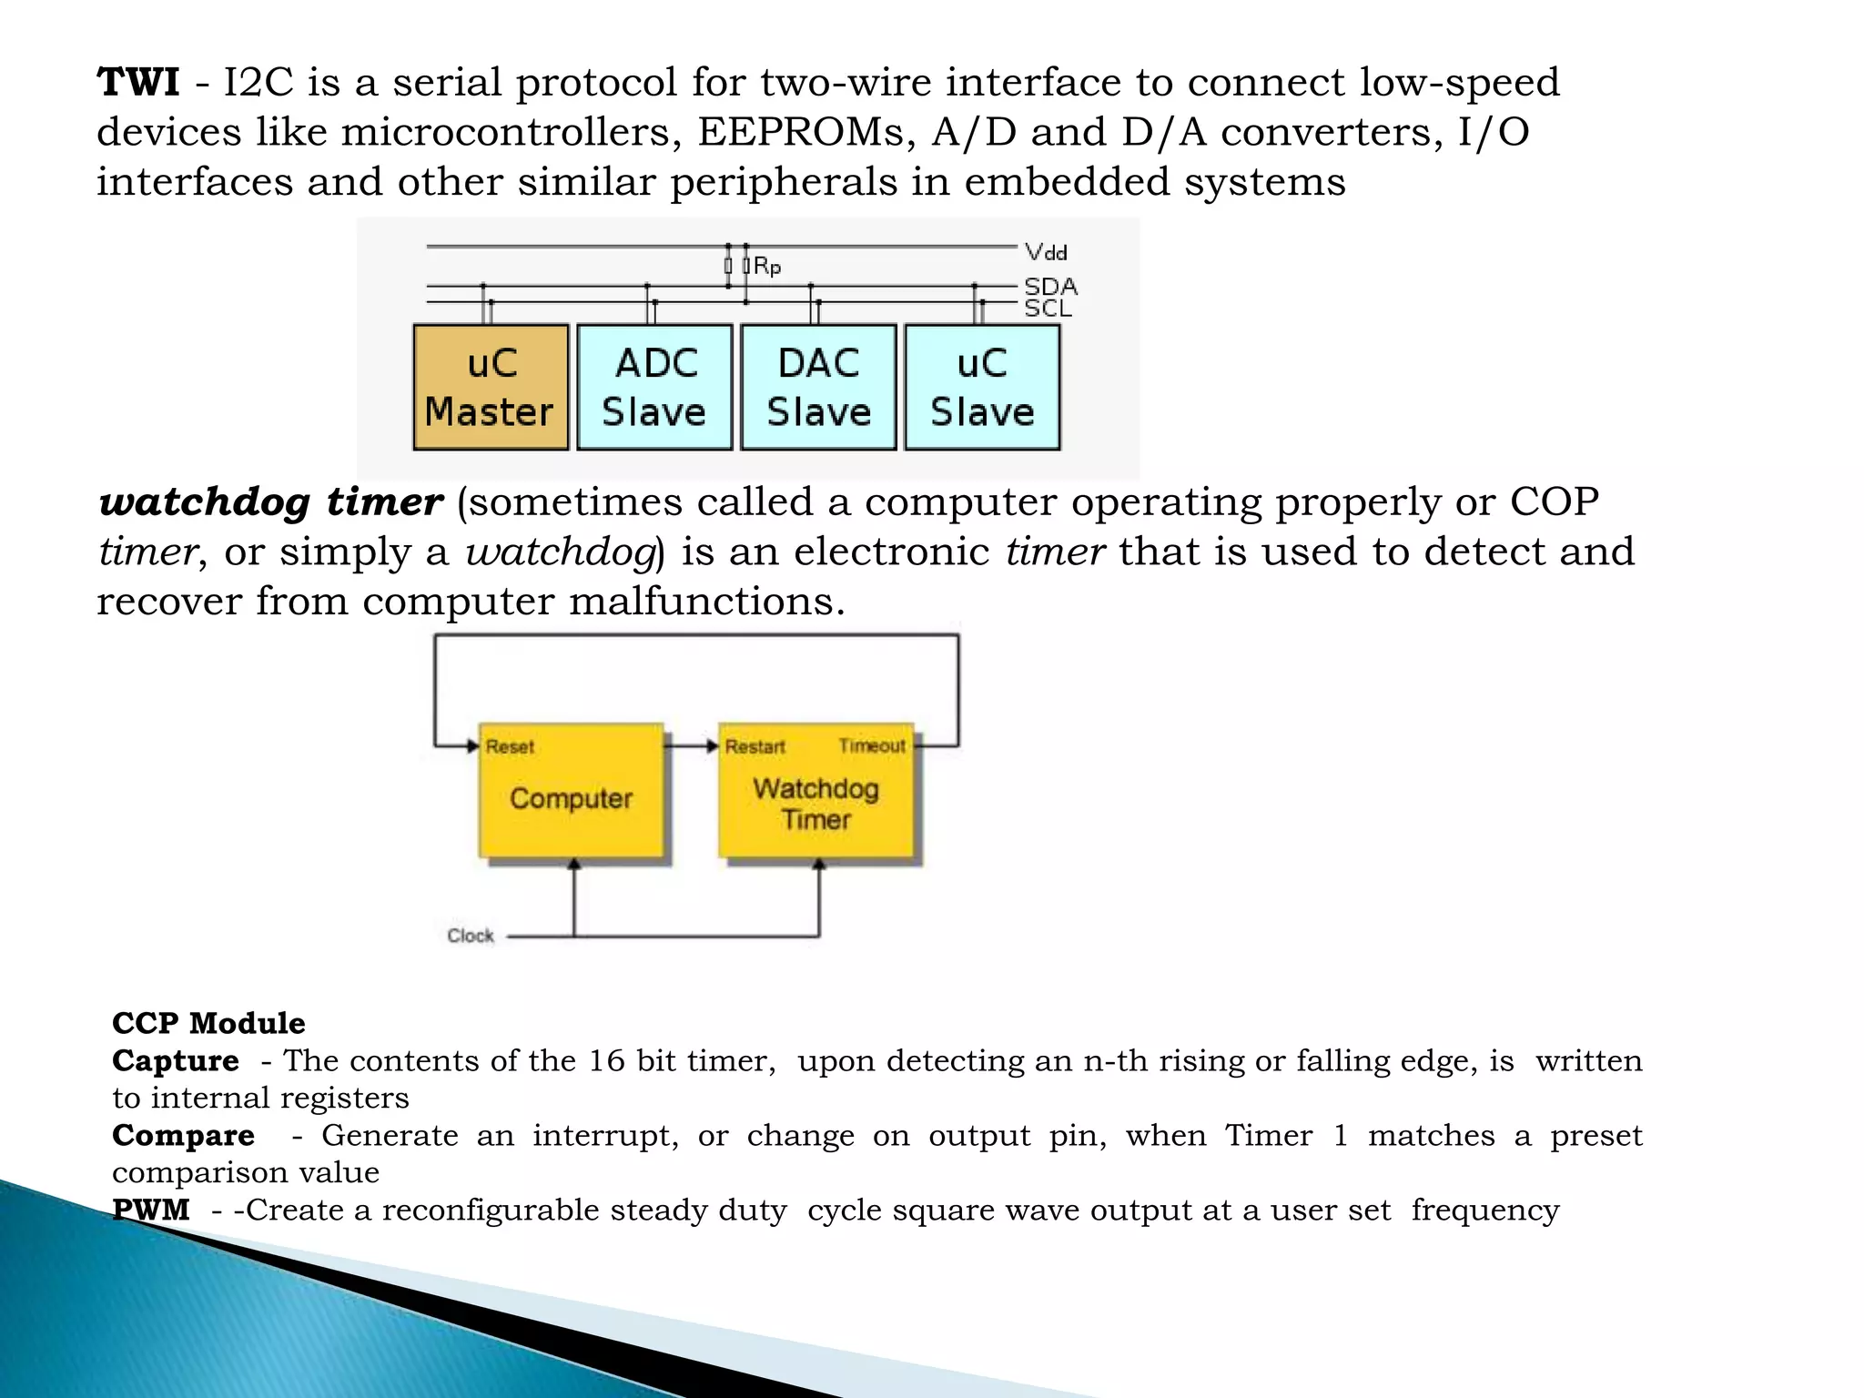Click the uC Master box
[x=491, y=387]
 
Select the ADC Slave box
[x=654, y=387]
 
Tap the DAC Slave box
[x=818, y=387]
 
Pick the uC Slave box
[x=982, y=387]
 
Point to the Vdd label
[x=1046, y=252]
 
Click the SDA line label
[x=1050, y=287]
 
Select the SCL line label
[x=1048, y=309]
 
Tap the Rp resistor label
[x=767, y=267]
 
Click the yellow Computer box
[x=572, y=798]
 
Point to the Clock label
[x=471, y=936]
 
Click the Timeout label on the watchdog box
[x=872, y=746]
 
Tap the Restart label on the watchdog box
[x=755, y=747]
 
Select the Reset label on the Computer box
[x=510, y=747]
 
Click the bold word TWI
[x=138, y=83]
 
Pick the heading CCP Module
[x=208, y=1023]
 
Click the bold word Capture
[x=176, y=1060]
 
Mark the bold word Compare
[x=183, y=1135]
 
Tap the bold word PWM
[x=151, y=1210]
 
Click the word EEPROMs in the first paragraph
[x=806, y=132]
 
